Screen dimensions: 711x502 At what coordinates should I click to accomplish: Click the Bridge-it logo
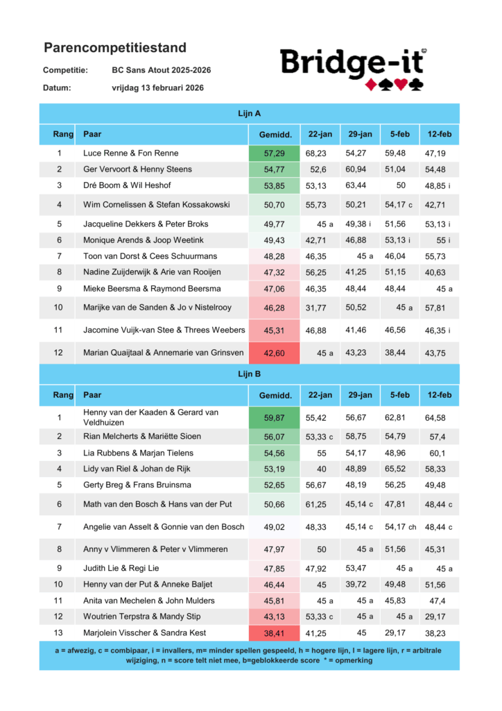click(x=354, y=69)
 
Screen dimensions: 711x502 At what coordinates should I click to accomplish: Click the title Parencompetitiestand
click(x=115, y=48)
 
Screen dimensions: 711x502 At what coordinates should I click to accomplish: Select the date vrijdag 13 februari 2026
click(x=157, y=88)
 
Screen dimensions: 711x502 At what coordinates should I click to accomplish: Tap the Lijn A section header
click(x=249, y=113)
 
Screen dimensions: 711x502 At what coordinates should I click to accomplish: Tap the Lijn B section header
click(x=249, y=374)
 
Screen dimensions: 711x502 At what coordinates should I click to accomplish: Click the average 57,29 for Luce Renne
click(x=275, y=153)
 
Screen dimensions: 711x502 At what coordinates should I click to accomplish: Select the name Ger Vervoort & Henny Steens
click(x=137, y=169)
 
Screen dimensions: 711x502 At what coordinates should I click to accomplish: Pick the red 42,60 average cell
click(x=275, y=353)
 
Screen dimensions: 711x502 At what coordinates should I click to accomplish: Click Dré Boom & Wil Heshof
click(x=127, y=185)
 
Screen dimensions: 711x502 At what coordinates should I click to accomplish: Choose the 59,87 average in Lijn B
click(x=275, y=417)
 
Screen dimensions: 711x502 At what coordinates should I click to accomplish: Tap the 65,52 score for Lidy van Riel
click(x=400, y=469)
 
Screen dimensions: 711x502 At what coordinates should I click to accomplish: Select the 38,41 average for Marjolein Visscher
click(x=275, y=633)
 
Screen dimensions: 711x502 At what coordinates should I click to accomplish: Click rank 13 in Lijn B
click(x=60, y=633)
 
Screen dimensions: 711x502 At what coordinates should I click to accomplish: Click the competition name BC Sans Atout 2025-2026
click(x=162, y=70)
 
